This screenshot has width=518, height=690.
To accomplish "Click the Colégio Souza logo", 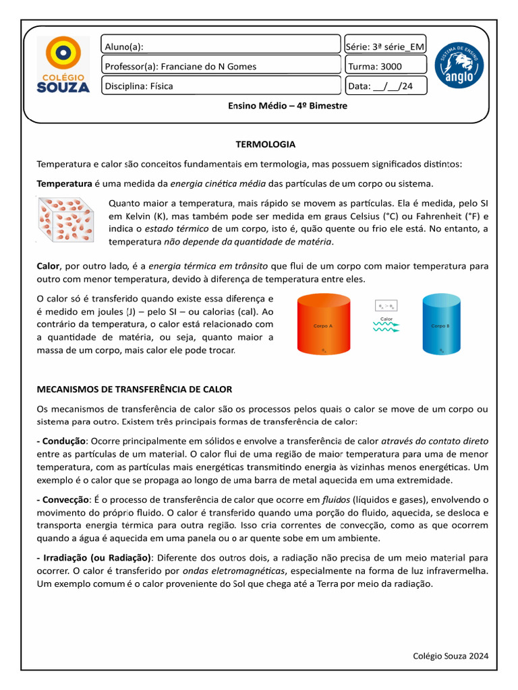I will point(62,65).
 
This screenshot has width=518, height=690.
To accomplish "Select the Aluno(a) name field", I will point(221,46).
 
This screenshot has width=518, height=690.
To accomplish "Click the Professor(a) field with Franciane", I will point(221,66).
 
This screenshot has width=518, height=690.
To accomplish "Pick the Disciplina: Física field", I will point(221,86).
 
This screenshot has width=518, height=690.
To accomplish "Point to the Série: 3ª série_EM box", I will point(385,46).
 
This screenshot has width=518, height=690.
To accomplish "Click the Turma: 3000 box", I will point(385,66).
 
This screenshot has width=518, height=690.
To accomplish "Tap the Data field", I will point(385,86).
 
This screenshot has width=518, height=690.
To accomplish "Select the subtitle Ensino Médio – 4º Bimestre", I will point(288,106).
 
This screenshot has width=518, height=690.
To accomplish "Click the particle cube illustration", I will point(66,219).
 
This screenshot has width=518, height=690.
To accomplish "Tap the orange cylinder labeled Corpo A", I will point(323,325).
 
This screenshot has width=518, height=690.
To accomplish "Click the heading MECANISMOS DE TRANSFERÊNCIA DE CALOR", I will point(134,389).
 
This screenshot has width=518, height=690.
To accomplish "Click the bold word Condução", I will point(63,441).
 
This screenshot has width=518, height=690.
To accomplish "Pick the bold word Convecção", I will point(65,499).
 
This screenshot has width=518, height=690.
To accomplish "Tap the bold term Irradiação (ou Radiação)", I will point(96,558).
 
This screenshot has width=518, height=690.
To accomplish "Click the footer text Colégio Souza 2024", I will point(450,656).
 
